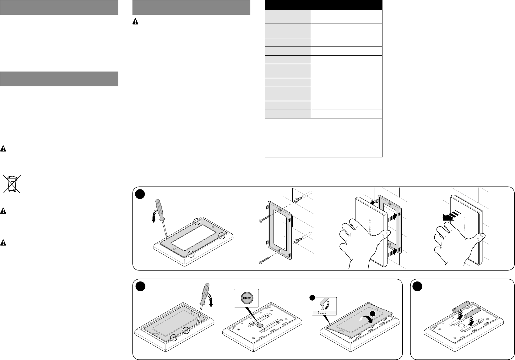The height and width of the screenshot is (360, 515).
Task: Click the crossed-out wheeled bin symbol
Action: coord(12,184)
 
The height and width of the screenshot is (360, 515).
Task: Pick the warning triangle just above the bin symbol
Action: coord(3,148)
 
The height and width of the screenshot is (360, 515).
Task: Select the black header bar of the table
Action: coord(323,5)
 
